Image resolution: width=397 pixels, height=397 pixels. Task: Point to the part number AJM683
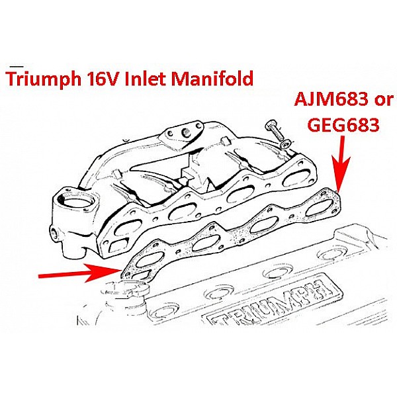click(x=328, y=102)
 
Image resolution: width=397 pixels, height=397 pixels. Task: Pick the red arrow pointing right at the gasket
click(x=79, y=272)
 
